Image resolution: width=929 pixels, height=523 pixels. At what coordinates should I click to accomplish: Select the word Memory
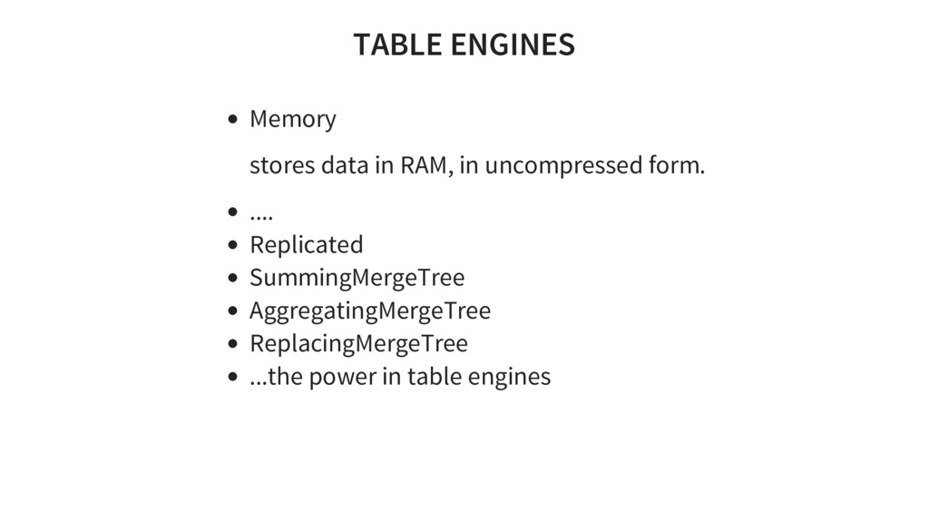[292, 119]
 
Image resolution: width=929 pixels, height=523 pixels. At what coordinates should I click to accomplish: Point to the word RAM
[424, 167]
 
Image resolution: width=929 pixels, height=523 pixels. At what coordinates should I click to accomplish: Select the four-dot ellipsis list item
[261, 215]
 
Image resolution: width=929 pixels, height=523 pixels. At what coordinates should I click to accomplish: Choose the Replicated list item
[306, 245]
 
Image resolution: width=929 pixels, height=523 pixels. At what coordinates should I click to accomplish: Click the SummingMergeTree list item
[357, 277]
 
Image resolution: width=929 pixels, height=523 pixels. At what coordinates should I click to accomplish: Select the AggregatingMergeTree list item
[370, 311]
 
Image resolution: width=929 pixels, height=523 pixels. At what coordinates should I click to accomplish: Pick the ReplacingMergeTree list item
[358, 343]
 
